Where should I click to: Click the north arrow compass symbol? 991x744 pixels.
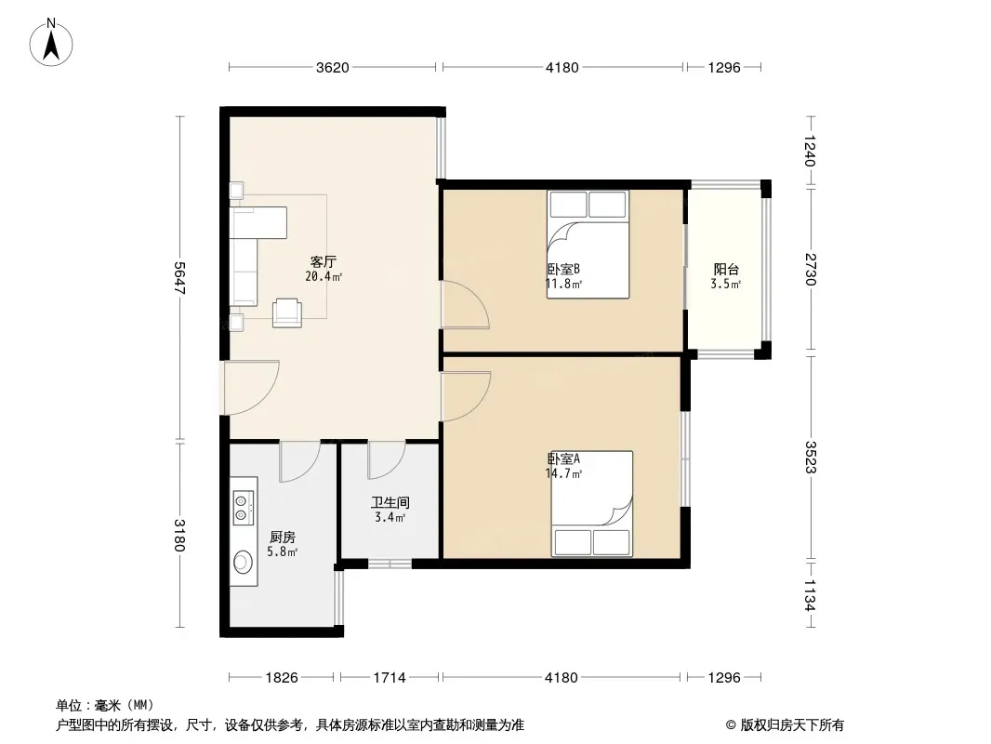click(51, 43)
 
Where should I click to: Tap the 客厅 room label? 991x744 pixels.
click(323, 261)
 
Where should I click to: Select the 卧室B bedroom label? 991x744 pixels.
click(563, 270)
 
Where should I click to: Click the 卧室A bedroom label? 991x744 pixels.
click(563, 458)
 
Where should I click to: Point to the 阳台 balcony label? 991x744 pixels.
click(726, 270)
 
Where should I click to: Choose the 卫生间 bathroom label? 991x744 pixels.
click(390, 502)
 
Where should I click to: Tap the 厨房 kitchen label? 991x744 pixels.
click(282, 538)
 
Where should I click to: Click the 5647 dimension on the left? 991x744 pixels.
click(179, 277)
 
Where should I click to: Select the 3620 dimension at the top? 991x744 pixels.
click(333, 67)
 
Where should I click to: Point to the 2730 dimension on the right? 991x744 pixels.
click(811, 269)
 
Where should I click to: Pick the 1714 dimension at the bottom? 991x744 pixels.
click(390, 678)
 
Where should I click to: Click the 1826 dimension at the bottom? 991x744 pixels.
click(282, 678)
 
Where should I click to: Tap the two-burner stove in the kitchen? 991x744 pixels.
click(244, 508)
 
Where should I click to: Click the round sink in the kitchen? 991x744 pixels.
click(243, 562)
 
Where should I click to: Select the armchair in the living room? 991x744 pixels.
click(287, 312)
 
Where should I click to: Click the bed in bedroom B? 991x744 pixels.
click(588, 244)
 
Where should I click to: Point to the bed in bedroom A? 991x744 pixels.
click(592, 504)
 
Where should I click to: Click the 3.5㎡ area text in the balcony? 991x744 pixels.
click(725, 284)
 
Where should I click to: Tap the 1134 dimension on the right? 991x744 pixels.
click(811, 595)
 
